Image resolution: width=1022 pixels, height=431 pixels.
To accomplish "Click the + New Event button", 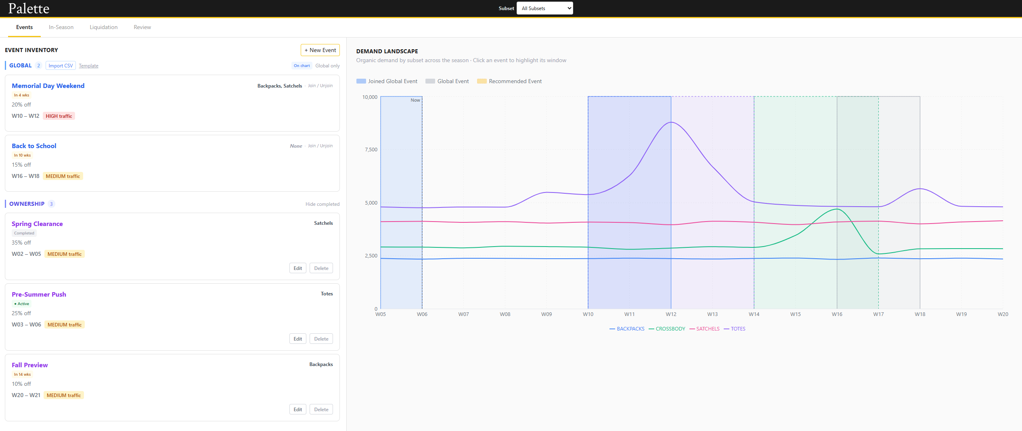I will point(320,50).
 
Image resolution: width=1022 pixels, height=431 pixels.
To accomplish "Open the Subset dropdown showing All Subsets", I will point(545,8).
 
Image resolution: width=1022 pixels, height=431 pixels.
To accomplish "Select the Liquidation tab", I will point(103,27).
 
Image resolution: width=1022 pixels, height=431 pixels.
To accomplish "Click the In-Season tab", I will point(61,27).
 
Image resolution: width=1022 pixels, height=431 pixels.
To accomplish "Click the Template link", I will point(88,66).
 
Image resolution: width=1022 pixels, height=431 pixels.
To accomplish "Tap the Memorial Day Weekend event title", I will point(48,86).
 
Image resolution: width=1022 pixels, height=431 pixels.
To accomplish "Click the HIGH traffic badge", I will point(59,116).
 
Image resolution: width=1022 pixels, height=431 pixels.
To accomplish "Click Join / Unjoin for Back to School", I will point(320,146).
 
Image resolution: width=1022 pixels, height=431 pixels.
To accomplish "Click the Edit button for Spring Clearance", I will point(297,268).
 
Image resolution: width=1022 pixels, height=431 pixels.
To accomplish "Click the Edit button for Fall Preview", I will point(297,409).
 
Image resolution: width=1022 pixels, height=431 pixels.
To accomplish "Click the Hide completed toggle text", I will point(322,204).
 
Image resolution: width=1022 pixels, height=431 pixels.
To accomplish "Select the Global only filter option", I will point(327,66).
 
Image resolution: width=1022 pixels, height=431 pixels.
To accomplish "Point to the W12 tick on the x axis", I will point(671,314).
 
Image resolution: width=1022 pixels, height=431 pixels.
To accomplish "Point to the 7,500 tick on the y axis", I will point(371,150).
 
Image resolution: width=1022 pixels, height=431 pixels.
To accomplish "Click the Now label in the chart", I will point(415,100).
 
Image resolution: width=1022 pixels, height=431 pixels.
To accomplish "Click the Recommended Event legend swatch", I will point(482,81).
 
